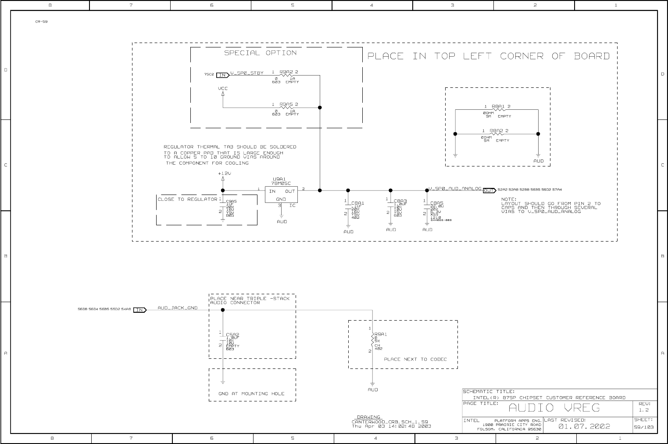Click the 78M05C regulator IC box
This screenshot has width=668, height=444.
point(281,195)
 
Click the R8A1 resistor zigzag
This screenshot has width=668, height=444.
point(497,110)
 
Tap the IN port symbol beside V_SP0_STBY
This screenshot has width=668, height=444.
point(223,75)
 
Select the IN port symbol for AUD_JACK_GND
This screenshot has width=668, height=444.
point(140,310)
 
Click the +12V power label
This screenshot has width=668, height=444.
point(224,173)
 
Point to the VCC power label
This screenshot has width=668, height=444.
point(223,88)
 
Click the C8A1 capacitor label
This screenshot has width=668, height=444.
point(357,203)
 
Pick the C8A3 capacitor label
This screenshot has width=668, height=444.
point(400,200)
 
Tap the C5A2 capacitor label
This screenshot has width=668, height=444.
point(232,335)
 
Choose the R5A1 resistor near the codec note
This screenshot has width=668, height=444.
point(373,341)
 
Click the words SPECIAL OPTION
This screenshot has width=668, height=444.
point(261,53)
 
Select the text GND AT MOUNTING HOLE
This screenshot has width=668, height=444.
point(251,393)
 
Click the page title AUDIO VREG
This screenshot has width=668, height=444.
point(554,408)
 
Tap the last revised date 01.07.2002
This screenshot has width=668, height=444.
point(584,426)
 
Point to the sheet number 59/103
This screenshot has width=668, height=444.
point(643,427)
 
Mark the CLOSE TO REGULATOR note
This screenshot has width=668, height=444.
point(187,199)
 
